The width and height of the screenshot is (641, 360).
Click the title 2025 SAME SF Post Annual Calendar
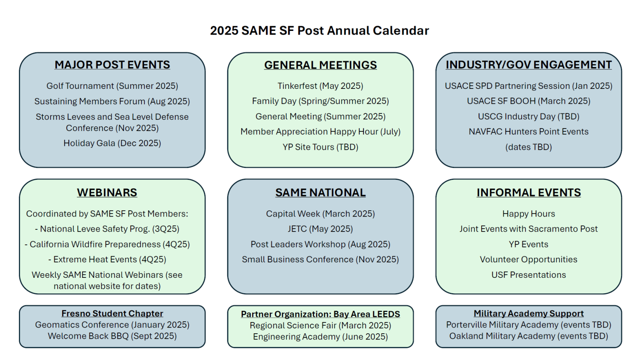click(x=319, y=31)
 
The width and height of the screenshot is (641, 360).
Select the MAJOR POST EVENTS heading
click(x=112, y=65)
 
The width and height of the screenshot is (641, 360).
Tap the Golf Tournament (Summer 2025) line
click(x=112, y=86)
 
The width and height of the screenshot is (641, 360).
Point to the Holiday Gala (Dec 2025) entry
click(x=112, y=143)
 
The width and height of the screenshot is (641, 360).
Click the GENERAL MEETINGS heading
click(x=320, y=65)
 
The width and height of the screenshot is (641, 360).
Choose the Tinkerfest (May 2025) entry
click(x=320, y=86)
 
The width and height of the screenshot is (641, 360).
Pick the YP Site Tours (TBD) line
click(x=320, y=147)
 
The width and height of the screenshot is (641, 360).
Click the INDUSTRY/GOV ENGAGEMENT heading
click(x=528, y=65)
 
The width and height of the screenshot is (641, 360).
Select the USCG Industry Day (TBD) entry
click(x=528, y=116)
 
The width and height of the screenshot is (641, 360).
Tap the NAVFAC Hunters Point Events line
click(x=528, y=132)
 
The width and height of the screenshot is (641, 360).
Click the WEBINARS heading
click(x=107, y=193)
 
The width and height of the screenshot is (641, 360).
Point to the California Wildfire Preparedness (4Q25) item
click(x=107, y=244)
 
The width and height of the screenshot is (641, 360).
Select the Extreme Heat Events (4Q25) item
click(x=107, y=259)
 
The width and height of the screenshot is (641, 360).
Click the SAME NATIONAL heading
click(x=320, y=193)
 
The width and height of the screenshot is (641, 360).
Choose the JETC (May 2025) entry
click(x=320, y=229)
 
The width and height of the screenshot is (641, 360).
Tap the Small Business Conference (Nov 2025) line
click(x=320, y=259)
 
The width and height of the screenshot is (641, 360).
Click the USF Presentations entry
click(x=528, y=275)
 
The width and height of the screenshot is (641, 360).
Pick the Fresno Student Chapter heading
click(x=112, y=314)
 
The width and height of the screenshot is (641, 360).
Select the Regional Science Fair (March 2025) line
click(x=320, y=325)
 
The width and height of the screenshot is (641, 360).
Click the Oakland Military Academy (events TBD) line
click(x=528, y=336)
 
